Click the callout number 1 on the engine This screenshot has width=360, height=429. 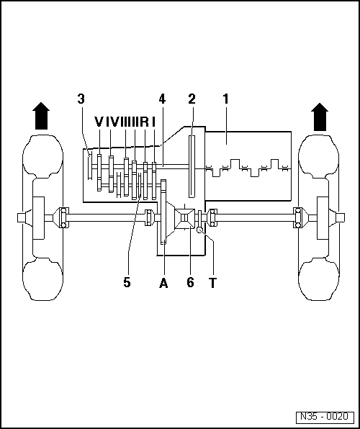pos(225,99)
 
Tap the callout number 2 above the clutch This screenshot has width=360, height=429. pos(192,99)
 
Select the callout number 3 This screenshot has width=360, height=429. pos(81,99)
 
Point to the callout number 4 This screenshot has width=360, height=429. pos(162,99)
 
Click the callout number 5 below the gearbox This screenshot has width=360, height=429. pos(127,282)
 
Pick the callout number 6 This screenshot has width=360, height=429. pos(190,282)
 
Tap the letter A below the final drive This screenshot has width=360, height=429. pos(163,283)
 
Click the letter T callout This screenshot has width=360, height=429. pos(212,283)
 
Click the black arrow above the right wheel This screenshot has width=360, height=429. pos(320,117)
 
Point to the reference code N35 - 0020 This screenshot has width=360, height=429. pos(325,417)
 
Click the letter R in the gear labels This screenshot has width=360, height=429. pos(144,122)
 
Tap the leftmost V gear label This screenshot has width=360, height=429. pos(99,122)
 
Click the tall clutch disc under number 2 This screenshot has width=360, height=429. pos(192,166)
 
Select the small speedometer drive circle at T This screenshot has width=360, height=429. pos(199,230)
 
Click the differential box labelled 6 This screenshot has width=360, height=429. pos(185,219)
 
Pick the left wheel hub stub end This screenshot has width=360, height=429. pos(21,218)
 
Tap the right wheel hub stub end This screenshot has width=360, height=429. pos(341,218)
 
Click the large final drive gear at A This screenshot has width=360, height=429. pos(163,212)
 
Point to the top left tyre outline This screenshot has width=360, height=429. pos(42,158)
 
